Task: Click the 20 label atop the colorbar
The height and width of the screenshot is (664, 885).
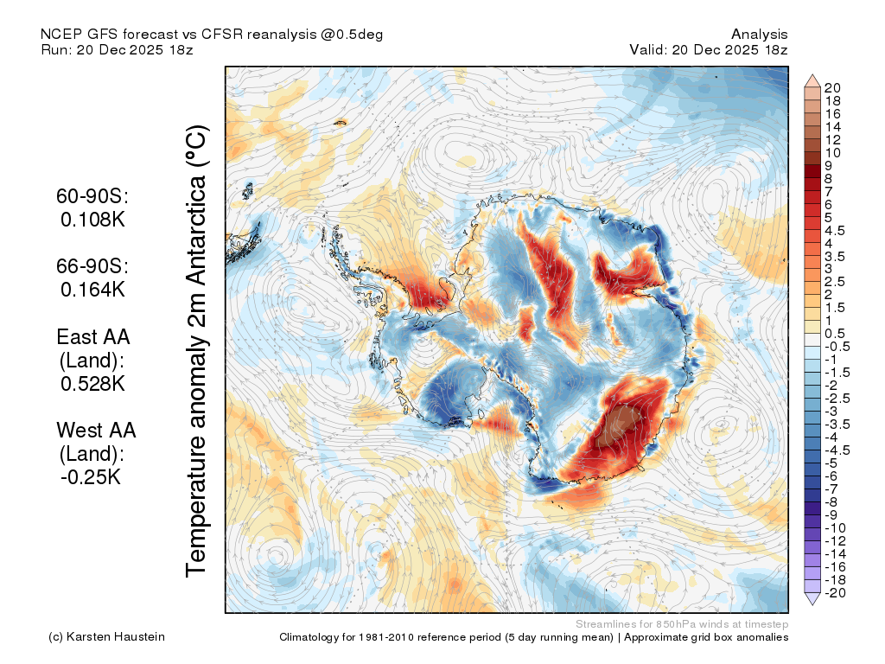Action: point(832,88)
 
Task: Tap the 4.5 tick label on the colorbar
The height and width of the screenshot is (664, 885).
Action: point(835,231)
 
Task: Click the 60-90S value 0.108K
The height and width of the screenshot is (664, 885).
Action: point(92,220)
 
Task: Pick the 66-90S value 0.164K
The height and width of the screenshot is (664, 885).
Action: point(92,290)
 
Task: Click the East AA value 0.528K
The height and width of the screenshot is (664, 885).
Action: point(92,384)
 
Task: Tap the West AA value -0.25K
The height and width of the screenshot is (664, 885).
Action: point(91,477)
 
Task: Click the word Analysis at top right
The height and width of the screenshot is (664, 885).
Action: point(759,35)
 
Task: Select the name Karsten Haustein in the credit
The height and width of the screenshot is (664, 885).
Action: point(116,637)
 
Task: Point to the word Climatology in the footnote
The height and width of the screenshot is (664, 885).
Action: point(309,637)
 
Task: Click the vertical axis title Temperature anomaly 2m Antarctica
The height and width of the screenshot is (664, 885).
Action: point(197,351)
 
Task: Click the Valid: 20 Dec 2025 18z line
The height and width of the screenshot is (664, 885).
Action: point(709,49)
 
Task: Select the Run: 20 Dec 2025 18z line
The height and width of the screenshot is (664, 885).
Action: point(117,49)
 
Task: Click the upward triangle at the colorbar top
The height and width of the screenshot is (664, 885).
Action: point(812,80)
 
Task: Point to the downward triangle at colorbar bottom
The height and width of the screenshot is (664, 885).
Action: point(812,599)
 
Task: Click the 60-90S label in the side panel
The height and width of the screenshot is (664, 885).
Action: point(92,196)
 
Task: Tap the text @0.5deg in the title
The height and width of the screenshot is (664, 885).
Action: point(353,35)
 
